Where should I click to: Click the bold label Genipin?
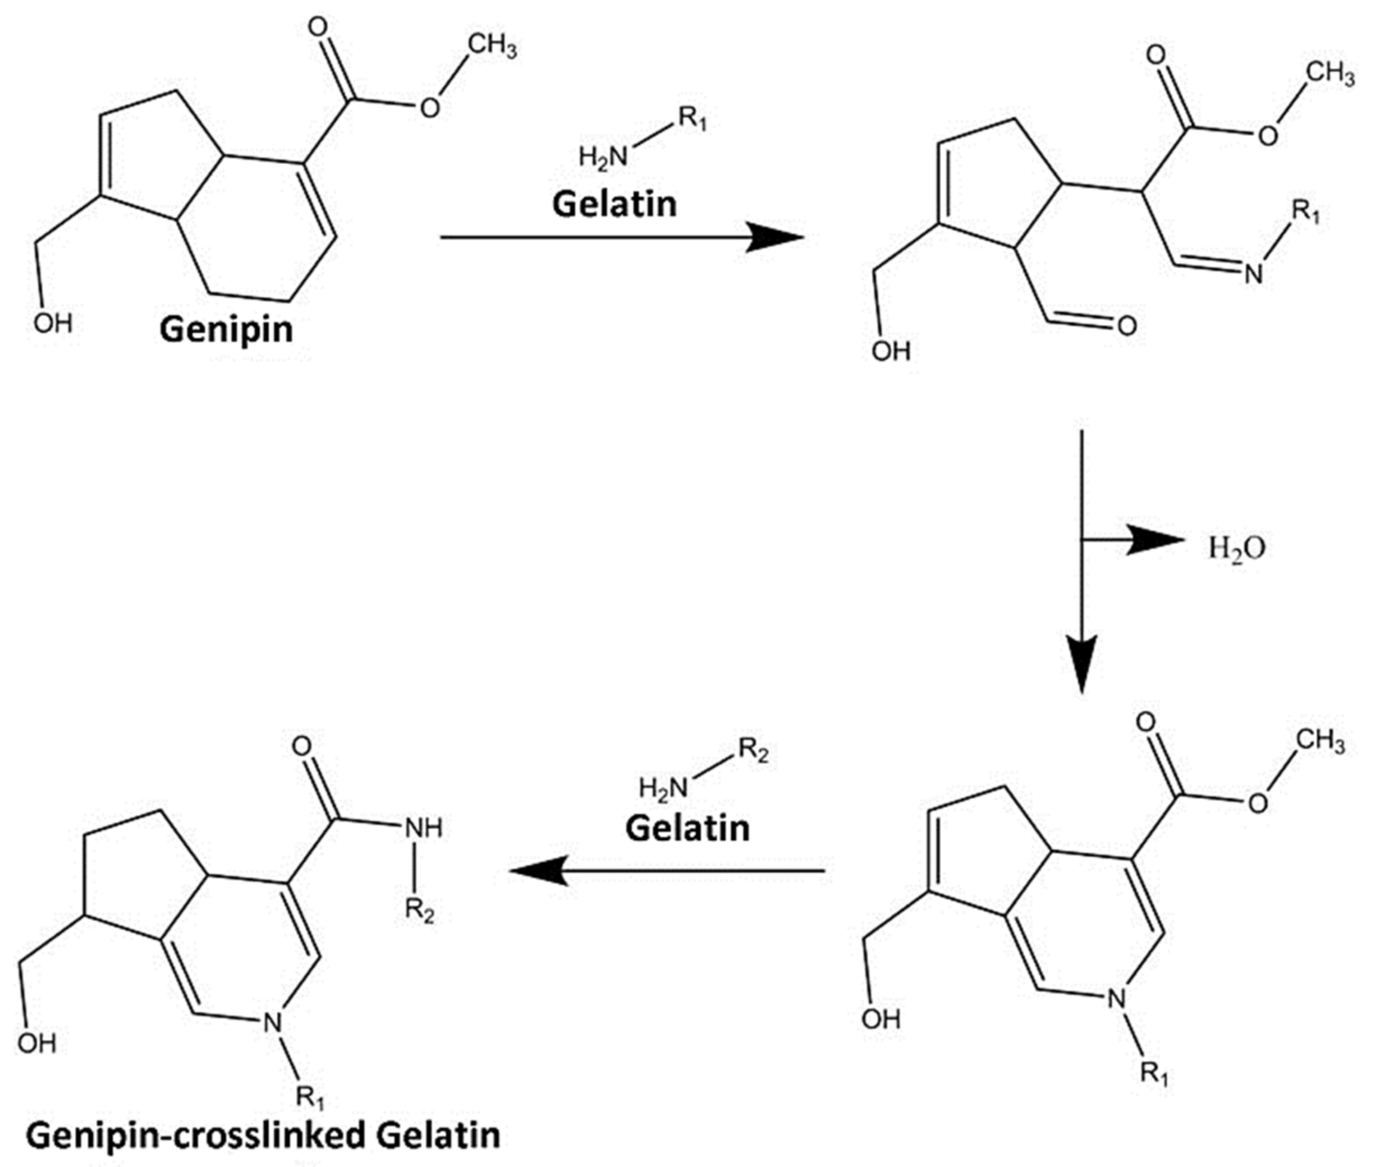tap(226, 329)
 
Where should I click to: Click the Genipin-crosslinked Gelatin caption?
tap(263, 1134)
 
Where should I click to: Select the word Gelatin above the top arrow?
tap(614, 203)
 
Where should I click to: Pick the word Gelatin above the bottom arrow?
tap(687, 828)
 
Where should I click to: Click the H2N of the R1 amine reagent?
tap(602, 158)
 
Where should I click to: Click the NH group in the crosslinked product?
tap(423, 828)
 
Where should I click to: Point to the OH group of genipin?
tap(53, 324)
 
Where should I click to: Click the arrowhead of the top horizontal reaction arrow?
tap(774, 237)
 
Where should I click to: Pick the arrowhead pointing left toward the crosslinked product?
tap(539, 871)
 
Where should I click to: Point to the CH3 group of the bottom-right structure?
tap(1320, 741)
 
